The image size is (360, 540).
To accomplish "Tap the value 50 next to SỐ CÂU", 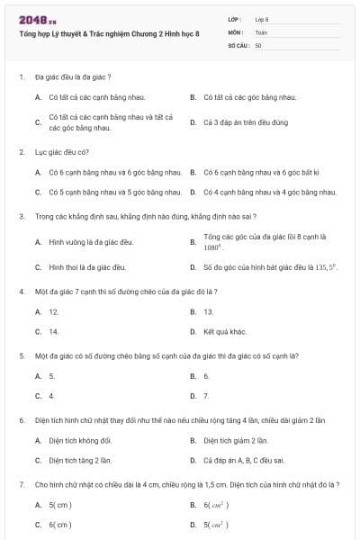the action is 258,44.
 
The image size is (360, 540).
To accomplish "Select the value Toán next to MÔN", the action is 261,31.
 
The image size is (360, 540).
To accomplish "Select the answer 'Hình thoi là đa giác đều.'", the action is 87,267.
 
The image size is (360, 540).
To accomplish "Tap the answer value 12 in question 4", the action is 54,311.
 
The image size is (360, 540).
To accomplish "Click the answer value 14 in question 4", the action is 54,331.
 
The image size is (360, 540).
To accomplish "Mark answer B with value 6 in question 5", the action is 206,375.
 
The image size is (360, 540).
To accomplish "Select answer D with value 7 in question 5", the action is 206,395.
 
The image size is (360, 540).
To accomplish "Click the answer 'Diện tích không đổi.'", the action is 80,440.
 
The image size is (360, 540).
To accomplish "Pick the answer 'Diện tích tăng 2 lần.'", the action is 80,460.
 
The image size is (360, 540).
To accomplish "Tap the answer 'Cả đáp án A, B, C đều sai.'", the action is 244,460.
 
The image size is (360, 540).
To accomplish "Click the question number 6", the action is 21,420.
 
